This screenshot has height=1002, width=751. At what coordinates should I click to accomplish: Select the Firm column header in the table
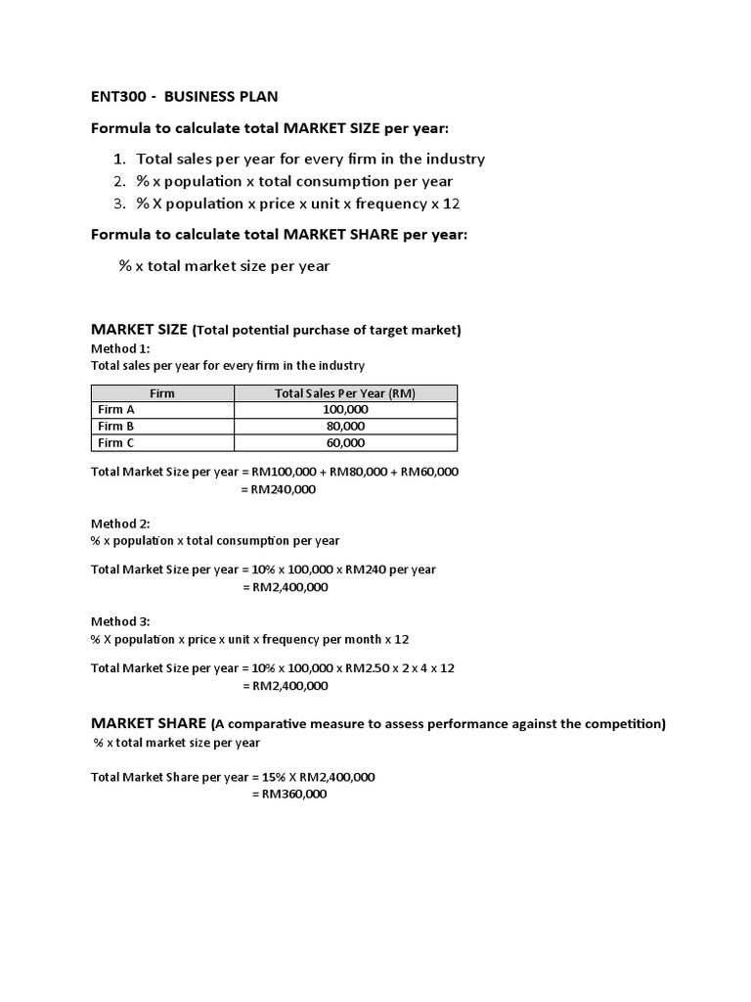pyautogui.click(x=162, y=393)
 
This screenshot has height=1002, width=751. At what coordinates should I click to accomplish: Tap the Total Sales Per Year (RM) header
pyautogui.click(x=345, y=393)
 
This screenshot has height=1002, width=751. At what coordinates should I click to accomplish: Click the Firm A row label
pyautogui.click(x=117, y=410)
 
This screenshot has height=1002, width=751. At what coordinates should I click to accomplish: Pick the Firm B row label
pyautogui.click(x=117, y=427)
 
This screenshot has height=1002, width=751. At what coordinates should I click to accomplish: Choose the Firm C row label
pyautogui.click(x=117, y=443)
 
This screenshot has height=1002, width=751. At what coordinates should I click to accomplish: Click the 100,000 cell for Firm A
pyautogui.click(x=345, y=410)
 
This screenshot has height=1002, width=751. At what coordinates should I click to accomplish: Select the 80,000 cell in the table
pyautogui.click(x=345, y=427)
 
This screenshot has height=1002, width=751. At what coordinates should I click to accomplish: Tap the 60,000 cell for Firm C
pyautogui.click(x=345, y=443)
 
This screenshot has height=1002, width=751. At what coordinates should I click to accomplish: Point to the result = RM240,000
pyautogui.click(x=279, y=489)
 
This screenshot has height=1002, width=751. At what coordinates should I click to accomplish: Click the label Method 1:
pyautogui.click(x=121, y=348)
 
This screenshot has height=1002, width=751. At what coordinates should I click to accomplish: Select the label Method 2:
pyautogui.click(x=121, y=524)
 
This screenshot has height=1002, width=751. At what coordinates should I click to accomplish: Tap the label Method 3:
pyautogui.click(x=121, y=621)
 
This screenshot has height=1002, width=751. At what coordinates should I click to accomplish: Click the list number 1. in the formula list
pyautogui.click(x=120, y=159)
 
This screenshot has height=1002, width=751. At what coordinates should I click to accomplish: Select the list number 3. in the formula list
pyautogui.click(x=120, y=204)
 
